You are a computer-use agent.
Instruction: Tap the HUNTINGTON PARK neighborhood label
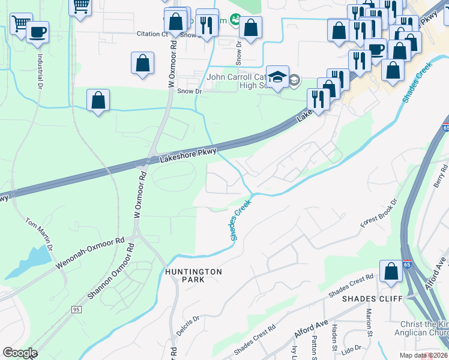click(193, 275)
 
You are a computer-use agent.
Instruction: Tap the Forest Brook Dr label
click(379, 213)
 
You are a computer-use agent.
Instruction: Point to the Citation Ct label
click(152, 34)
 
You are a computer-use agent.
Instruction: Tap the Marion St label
click(369, 322)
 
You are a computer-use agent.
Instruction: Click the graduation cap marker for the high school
click(277, 77)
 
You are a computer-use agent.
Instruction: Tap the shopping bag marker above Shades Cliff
click(391, 271)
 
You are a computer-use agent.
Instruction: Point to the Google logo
click(20, 353)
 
